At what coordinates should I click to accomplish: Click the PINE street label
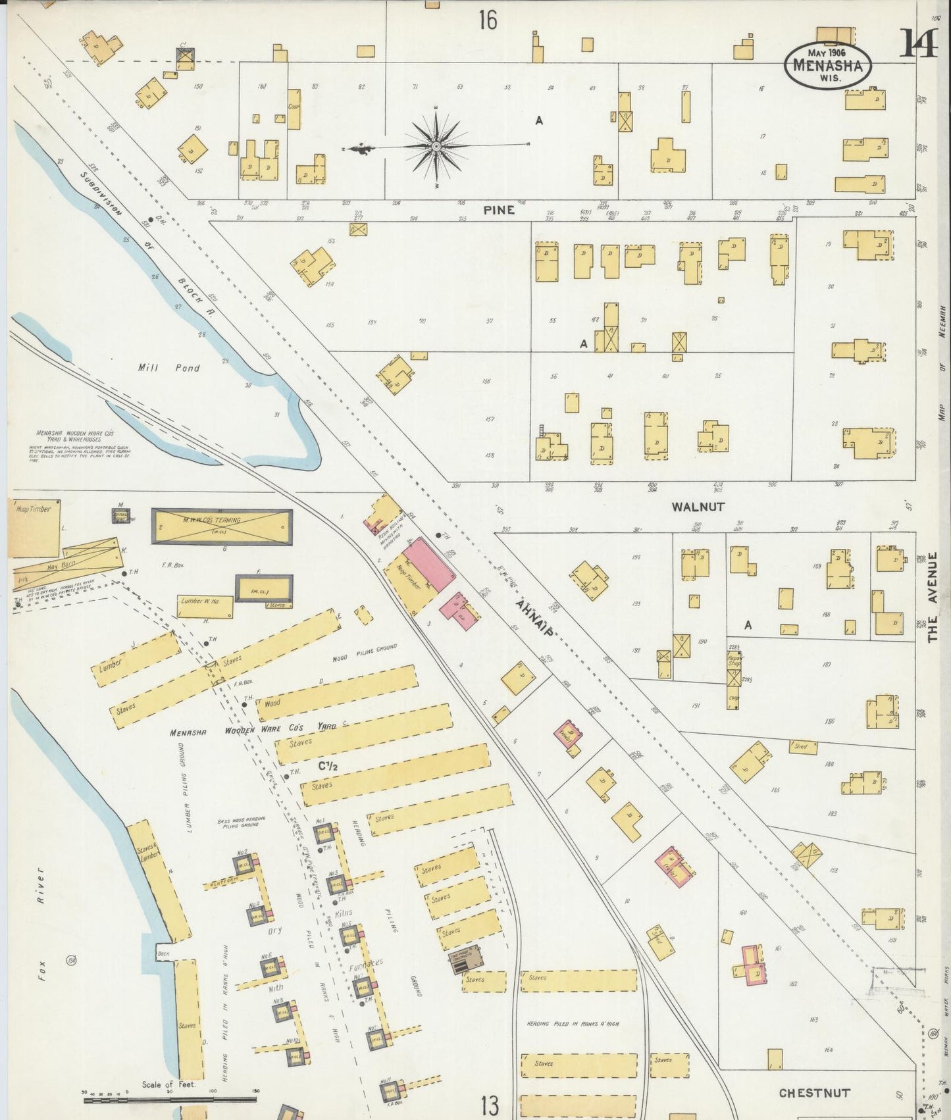(498, 211)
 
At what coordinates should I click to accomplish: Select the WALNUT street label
(698, 507)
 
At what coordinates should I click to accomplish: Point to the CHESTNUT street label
(814, 1093)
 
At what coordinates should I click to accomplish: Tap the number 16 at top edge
(488, 21)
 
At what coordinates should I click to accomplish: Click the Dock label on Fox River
(163, 952)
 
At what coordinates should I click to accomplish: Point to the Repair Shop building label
(734, 660)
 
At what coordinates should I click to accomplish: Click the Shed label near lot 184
(801, 747)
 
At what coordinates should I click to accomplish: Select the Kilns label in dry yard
(342, 912)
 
